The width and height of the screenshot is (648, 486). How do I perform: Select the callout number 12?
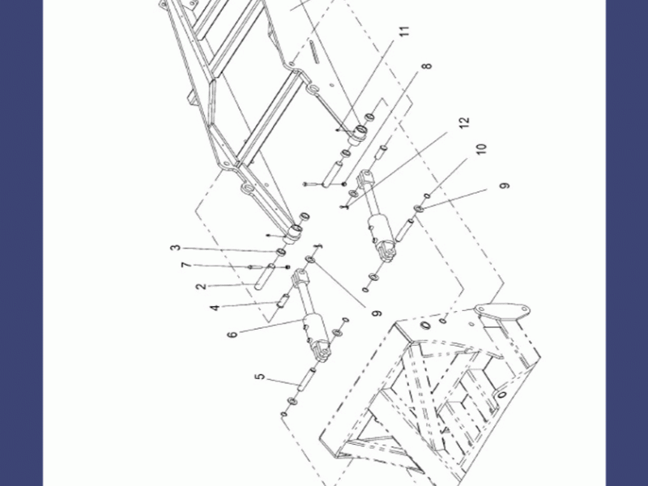click(464, 122)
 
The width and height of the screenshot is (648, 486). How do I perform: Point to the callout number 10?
click(481, 149)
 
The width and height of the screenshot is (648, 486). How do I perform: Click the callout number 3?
click(176, 248)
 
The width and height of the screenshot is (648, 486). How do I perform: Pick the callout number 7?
click(186, 265)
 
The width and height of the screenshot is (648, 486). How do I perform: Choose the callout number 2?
click(201, 286)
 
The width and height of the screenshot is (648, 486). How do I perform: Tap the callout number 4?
click(215, 308)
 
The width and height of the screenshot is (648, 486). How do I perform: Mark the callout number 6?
click(232, 334)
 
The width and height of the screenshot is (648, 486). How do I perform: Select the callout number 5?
click(259, 377)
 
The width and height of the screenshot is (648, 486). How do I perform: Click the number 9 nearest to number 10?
click(505, 185)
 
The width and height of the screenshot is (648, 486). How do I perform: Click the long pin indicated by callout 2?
click(265, 276)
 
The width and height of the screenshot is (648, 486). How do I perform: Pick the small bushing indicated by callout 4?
click(282, 301)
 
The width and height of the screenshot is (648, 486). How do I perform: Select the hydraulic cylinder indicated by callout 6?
click(312, 314)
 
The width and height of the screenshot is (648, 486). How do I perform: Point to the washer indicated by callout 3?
click(280, 252)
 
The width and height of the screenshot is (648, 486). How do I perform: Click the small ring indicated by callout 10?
click(428, 196)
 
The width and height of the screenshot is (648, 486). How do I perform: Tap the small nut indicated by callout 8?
click(343, 184)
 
